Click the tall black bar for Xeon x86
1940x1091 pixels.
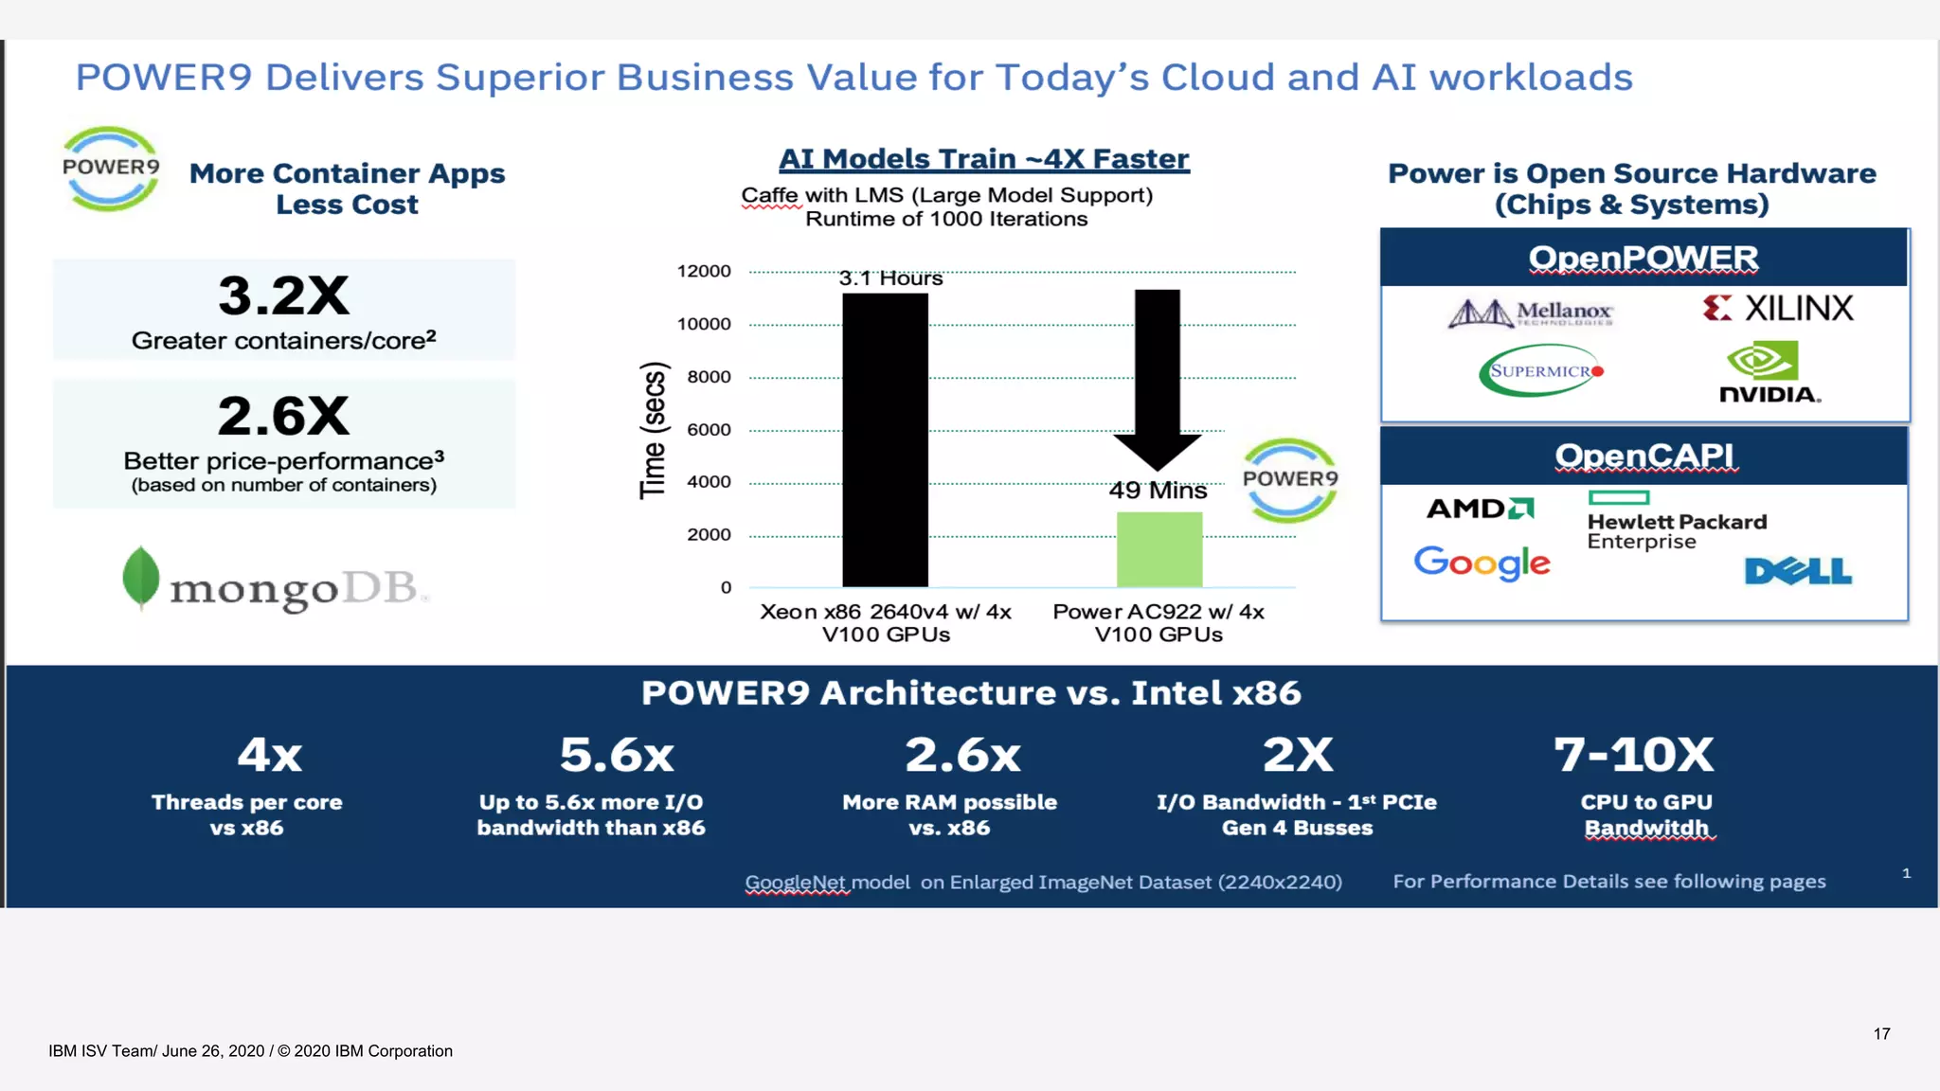(x=885, y=440)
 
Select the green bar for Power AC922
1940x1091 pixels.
(x=1159, y=549)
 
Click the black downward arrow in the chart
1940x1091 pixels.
(x=1157, y=379)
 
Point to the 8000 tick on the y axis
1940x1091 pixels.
(x=709, y=377)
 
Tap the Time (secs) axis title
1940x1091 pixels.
(x=653, y=430)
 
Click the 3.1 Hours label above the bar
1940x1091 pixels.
(x=890, y=278)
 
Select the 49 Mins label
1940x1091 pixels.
(x=1158, y=491)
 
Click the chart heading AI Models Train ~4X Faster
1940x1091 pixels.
(x=983, y=159)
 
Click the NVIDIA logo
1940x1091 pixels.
(x=1769, y=374)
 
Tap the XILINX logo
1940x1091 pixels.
(x=1777, y=309)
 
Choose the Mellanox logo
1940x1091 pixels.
(x=1530, y=313)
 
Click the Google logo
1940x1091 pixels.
(x=1482, y=563)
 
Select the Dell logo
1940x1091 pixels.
(x=1797, y=571)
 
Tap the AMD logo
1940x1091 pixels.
(x=1480, y=509)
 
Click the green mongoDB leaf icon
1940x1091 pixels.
(x=141, y=577)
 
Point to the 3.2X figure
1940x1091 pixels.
(x=283, y=295)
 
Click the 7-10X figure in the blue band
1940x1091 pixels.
(x=1633, y=755)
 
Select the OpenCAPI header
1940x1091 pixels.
(x=1644, y=456)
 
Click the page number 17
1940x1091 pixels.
(x=1881, y=1033)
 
